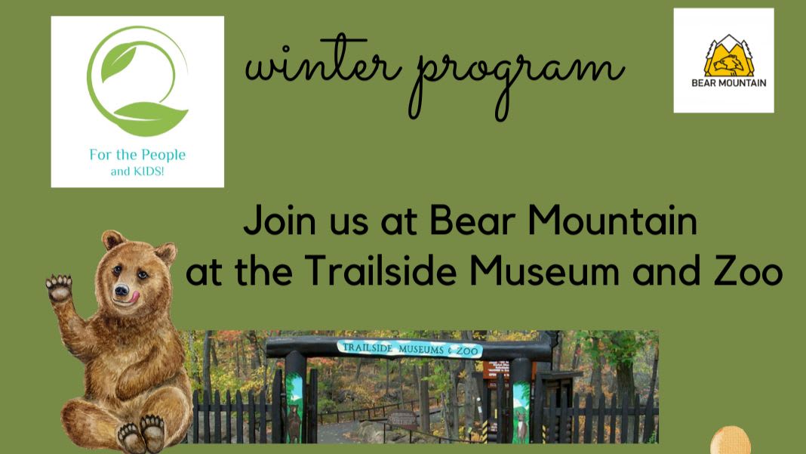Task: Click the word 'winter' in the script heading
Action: click(x=323, y=63)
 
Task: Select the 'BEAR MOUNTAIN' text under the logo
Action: click(x=729, y=83)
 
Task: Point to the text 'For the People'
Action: click(x=137, y=154)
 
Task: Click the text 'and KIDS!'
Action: click(x=137, y=171)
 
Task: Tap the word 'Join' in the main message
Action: click(x=280, y=221)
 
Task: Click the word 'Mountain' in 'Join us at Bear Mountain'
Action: click(x=613, y=221)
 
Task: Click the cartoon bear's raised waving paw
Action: click(x=59, y=289)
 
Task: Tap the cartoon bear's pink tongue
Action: click(x=134, y=296)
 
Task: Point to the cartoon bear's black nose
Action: click(x=122, y=291)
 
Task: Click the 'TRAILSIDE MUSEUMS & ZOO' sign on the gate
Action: click(x=410, y=349)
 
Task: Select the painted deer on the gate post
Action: click(x=521, y=418)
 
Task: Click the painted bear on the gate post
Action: click(x=294, y=421)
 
